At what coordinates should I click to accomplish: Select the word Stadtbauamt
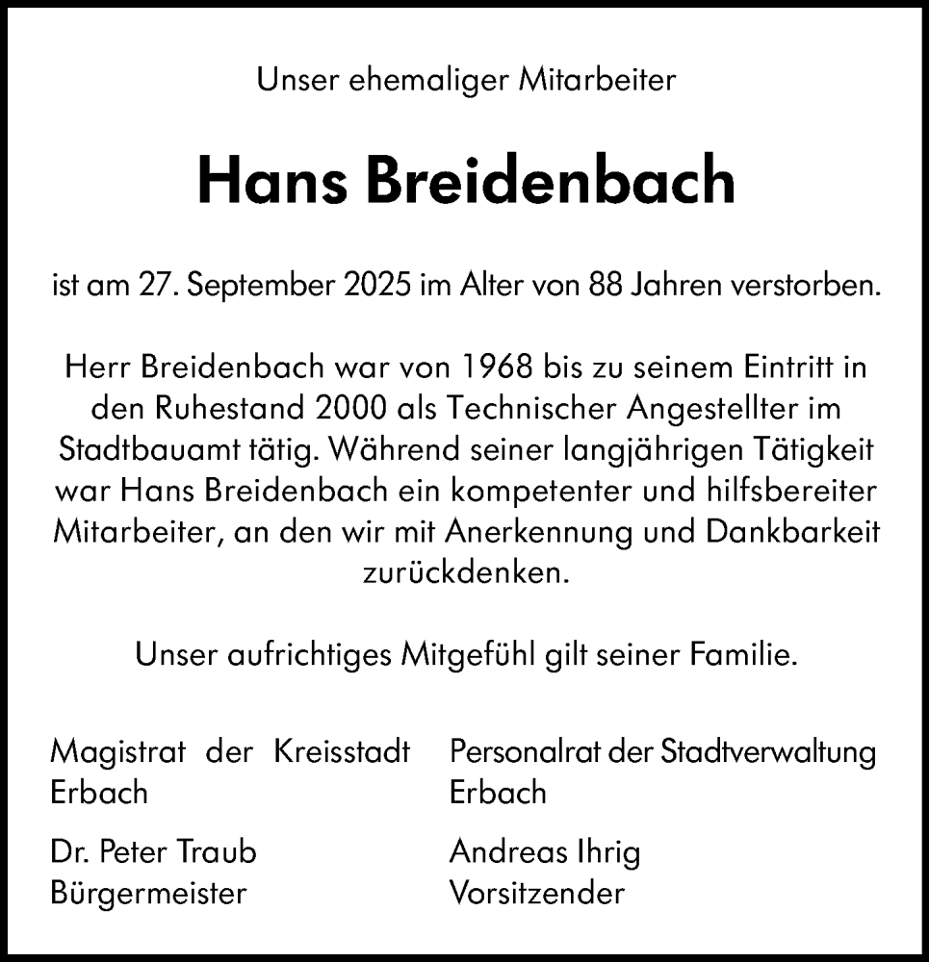point(142,449)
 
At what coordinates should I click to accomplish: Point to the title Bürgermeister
point(147,893)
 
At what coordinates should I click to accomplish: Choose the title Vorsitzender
point(535,893)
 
